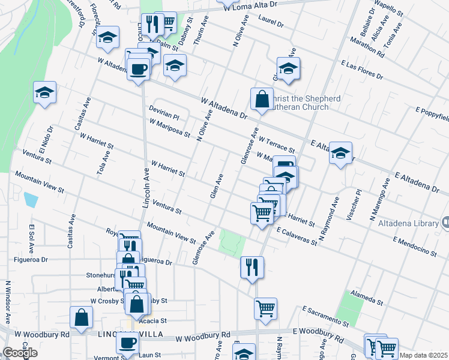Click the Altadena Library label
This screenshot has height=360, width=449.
pos(408,223)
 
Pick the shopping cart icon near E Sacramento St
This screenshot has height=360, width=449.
pos(265,309)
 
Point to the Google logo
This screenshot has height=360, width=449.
pos(20,353)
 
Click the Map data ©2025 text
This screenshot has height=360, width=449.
pos(423,355)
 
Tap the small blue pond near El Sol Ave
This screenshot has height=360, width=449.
pos(30,199)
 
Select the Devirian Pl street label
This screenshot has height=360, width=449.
pos(164,113)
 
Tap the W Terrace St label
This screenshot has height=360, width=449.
pos(277,143)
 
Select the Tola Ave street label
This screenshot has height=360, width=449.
pos(103,163)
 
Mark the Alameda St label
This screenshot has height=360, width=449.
pos(367,300)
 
